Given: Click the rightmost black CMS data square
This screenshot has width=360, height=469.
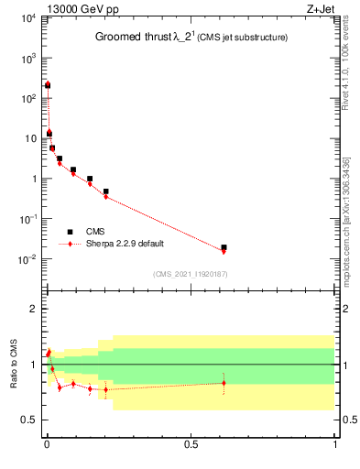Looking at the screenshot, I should click(x=224, y=247).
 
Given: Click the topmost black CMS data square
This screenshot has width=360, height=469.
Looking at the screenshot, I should click(x=48, y=85).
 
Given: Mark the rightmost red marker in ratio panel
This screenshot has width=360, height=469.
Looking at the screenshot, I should click(x=224, y=383).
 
